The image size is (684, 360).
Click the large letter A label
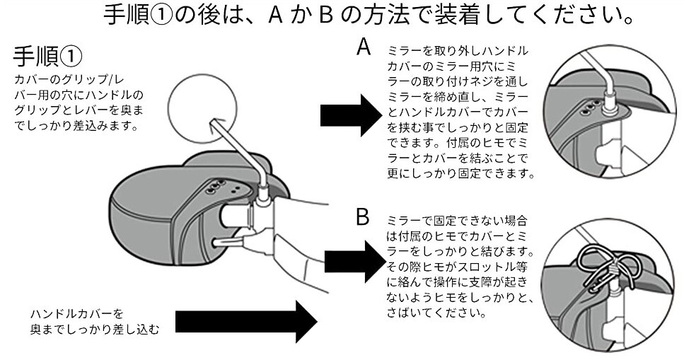coord(364,47)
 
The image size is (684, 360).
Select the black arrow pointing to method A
coord(351,112)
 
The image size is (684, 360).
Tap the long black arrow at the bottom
coord(245,323)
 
